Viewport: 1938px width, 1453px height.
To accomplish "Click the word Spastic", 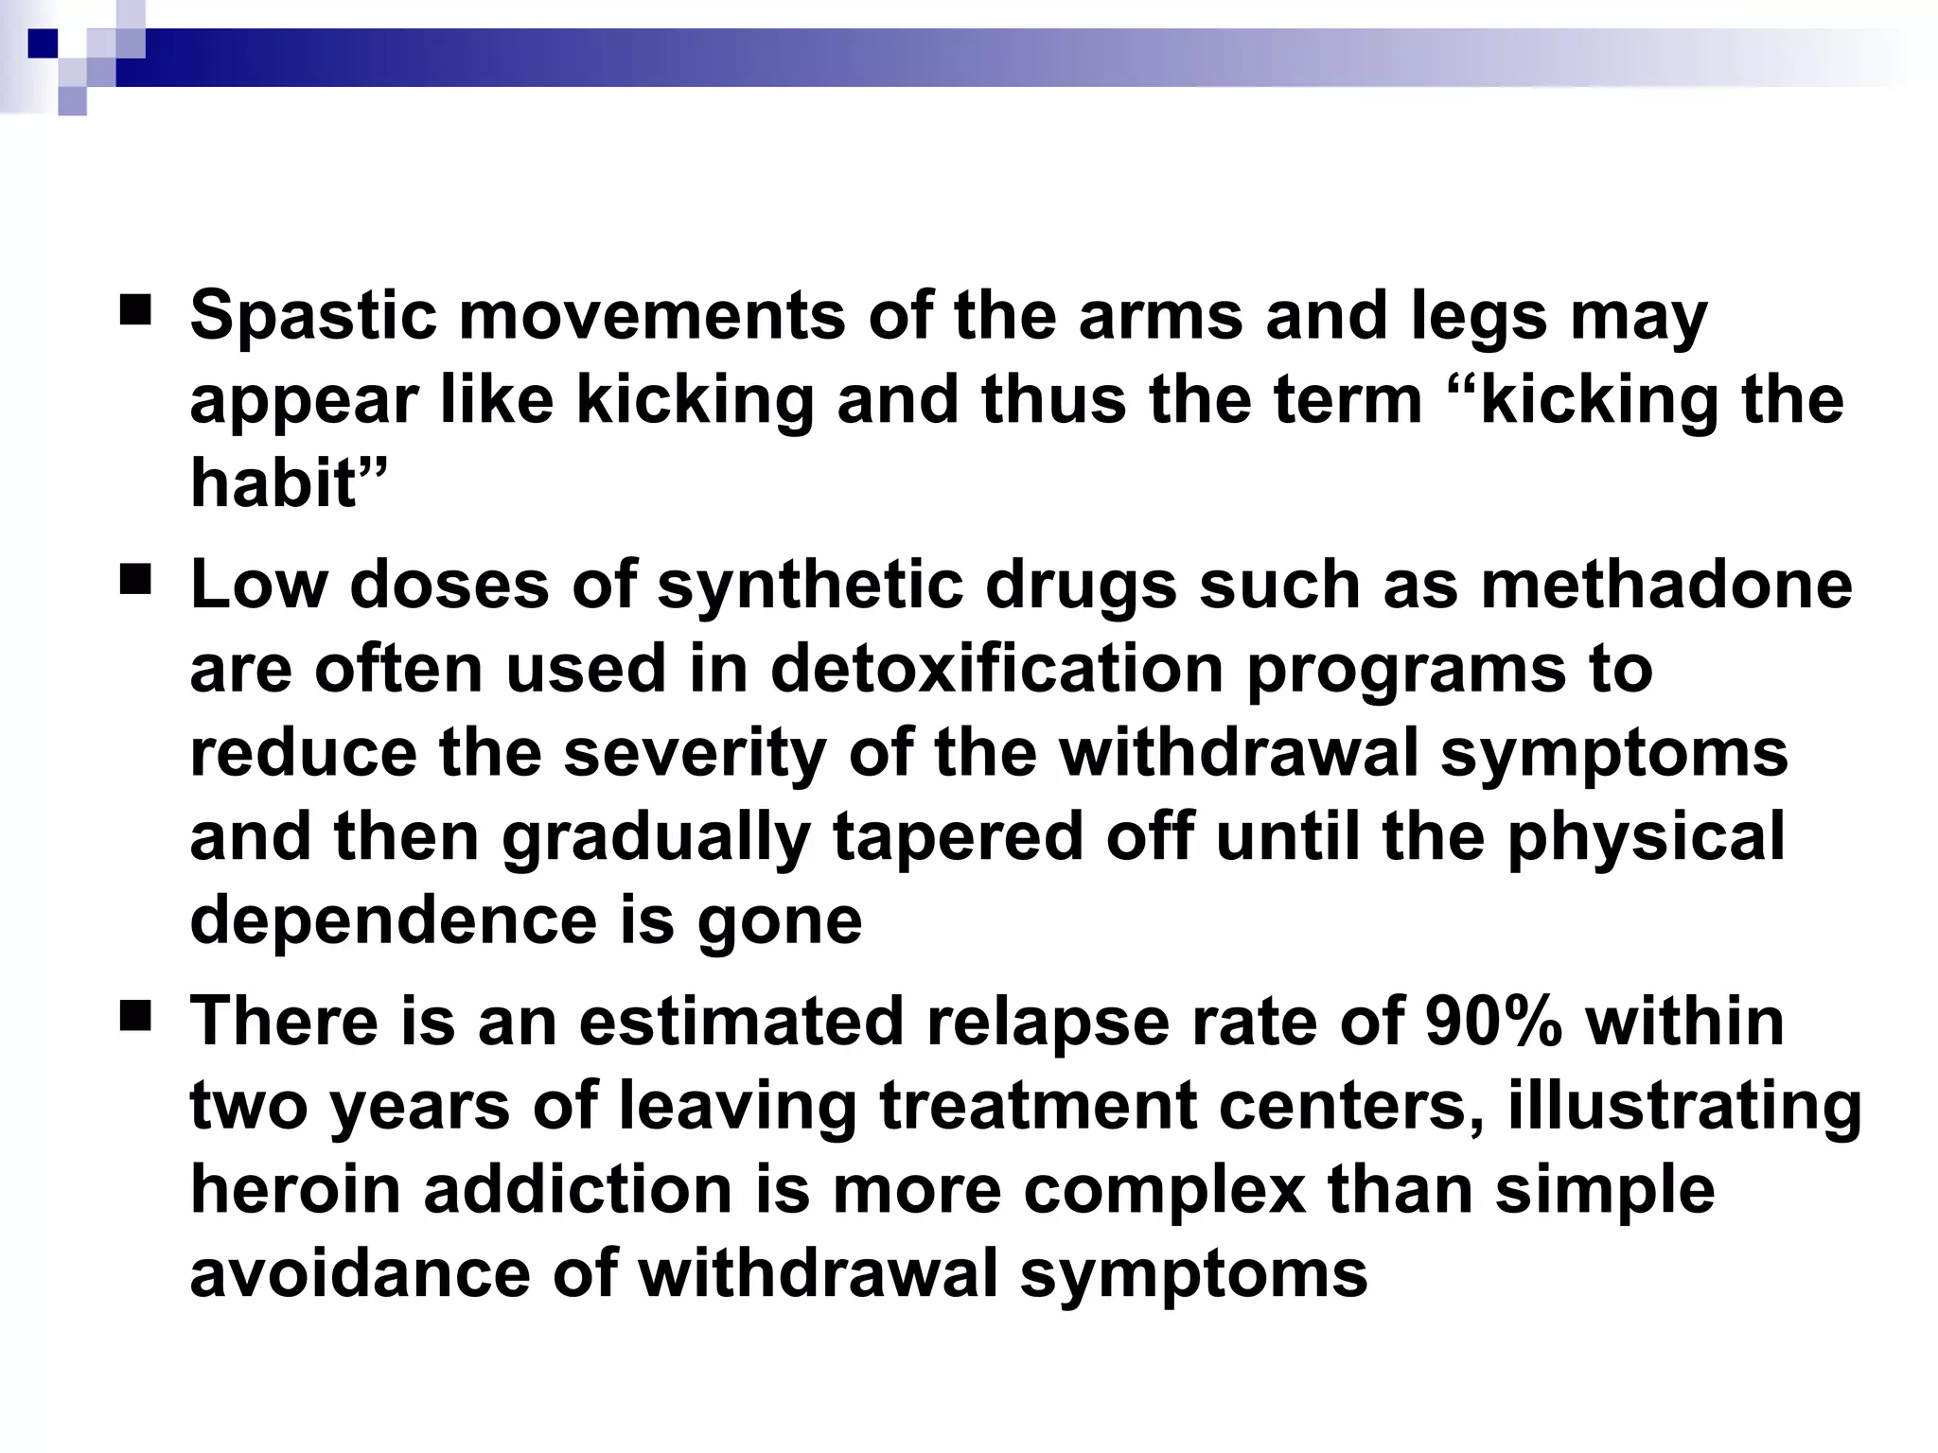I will [313, 316].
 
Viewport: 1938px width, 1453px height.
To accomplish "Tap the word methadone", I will [1666, 586].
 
